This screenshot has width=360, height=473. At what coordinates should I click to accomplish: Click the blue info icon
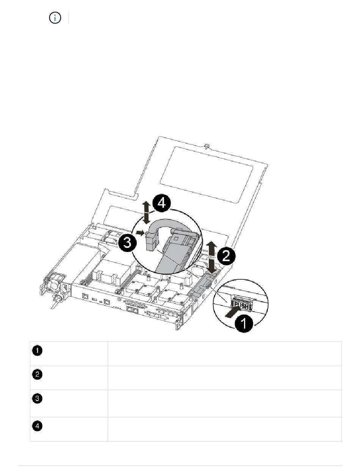pyautogui.click(x=55, y=18)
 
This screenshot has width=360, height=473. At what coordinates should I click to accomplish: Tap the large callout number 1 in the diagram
pyautogui.click(x=244, y=323)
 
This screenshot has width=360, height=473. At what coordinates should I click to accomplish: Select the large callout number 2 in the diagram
pyautogui.click(x=226, y=256)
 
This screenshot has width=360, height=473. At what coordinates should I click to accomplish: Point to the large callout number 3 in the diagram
pyautogui.click(x=127, y=243)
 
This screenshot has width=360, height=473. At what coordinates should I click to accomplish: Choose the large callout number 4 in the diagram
pyautogui.click(x=161, y=203)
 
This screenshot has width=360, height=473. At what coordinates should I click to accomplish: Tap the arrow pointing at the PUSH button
pyautogui.click(x=232, y=312)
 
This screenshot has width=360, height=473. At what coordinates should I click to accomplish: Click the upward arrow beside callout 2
pyautogui.click(x=211, y=248)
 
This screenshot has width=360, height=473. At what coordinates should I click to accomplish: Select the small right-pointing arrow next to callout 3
pyautogui.click(x=140, y=233)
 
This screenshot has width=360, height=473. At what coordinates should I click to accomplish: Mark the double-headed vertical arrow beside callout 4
pyautogui.click(x=147, y=213)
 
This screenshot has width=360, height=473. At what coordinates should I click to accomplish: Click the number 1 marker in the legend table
pyautogui.click(x=37, y=351)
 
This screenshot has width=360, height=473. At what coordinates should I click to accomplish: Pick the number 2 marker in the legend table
pyautogui.click(x=37, y=374)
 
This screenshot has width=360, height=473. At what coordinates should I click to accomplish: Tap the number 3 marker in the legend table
pyautogui.click(x=37, y=398)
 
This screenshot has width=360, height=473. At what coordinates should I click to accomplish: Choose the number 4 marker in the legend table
pyautogui.click(x=37, y=426)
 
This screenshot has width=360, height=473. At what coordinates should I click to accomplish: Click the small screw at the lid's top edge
pyautogui.click(x=207, y=146)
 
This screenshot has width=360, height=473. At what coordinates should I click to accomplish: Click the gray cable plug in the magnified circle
pyautogui.click(x=152, y=241)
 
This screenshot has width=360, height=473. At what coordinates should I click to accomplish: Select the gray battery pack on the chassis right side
pyautogui.click(x=203, y=285)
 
